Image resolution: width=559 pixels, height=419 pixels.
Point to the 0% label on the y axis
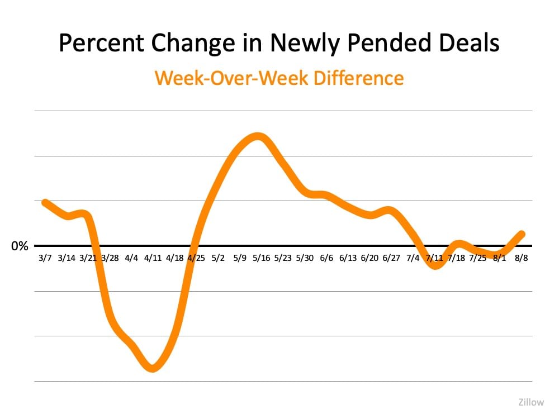20,246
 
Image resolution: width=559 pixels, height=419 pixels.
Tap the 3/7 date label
45,258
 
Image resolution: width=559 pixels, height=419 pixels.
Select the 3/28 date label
110,258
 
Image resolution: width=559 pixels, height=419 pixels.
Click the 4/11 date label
153,258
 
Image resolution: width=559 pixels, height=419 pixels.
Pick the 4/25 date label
196,258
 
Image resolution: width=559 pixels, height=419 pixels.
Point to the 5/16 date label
261,258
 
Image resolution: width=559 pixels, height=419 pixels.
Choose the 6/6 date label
326,258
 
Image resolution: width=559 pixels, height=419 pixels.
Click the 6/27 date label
391,258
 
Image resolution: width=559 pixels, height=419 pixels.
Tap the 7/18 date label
456,258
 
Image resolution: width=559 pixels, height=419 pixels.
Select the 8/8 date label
522,258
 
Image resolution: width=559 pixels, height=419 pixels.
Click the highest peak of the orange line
257,137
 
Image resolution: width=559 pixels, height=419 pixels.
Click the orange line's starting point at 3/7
45,202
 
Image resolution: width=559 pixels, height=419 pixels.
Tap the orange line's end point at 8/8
522,234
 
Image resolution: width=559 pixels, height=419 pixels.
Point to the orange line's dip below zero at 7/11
436,265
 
